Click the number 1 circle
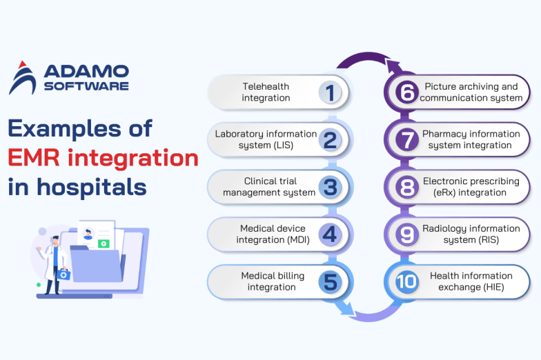coord(330,92)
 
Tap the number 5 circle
coord(330,281)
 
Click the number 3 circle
coord(330,187)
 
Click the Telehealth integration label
coord(266,92)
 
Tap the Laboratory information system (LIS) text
coord(266,139)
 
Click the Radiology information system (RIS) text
coord(471,234)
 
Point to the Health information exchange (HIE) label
coord(471,281)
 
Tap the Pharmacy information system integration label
coord(471,139)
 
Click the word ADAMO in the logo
coord(86,71)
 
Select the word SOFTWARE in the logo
coord(86,86)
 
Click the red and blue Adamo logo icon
coord(23,79)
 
